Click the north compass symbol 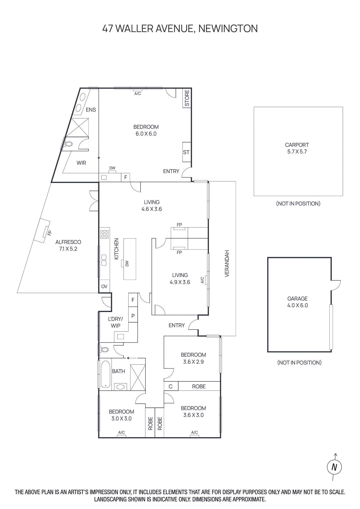334,467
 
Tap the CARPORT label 297,145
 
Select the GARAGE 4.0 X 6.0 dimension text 297,305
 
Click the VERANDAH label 227,263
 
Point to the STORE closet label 187,98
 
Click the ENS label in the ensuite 91,110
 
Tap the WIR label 81,163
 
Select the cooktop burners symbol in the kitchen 105,234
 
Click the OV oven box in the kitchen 104,287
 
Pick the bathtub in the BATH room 105,374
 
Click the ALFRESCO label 68,242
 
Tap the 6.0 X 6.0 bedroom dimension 146,134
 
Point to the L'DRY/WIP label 115,322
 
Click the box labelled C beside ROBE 171,387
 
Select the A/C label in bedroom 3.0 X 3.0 121,432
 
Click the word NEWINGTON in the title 228,29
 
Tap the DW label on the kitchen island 127,263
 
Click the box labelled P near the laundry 133,316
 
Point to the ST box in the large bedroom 186,152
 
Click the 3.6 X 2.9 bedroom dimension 193,362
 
